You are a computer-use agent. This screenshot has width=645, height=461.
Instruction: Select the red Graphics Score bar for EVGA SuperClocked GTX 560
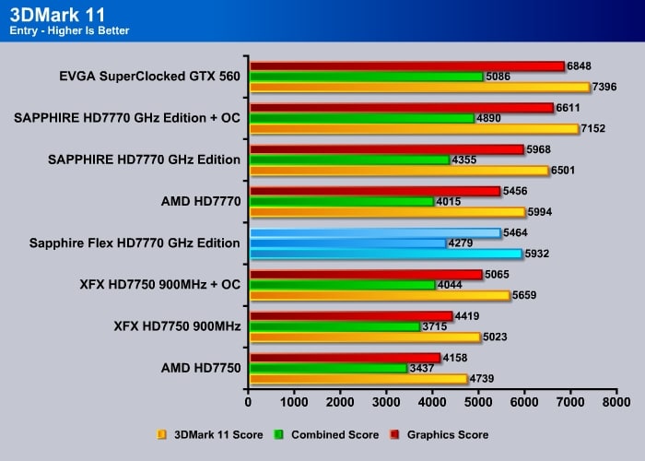tap(405, 66)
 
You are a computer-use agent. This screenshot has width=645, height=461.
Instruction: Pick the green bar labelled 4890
tap(362, 118)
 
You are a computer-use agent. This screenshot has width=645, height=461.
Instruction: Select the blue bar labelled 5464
tap(374, 233)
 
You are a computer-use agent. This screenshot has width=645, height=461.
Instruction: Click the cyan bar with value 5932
tap(385, 254)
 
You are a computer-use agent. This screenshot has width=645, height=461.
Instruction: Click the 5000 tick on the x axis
tap(478, 402)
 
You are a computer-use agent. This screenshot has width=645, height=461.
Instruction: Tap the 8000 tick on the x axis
tap(616, 402)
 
